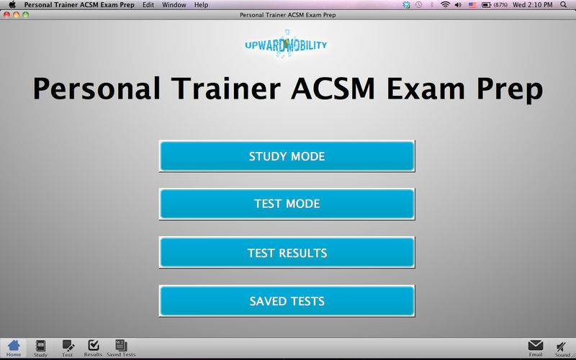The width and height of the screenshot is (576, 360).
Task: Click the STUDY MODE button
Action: tap(287, 156)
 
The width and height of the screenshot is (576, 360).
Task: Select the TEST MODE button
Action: tap(287, 204)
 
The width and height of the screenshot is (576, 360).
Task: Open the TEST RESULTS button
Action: tap(287, 253)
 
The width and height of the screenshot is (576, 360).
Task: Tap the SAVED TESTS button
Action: tap(287, 301)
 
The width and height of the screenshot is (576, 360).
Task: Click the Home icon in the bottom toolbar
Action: tap(14, 346)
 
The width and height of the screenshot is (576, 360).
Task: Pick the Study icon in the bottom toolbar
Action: tap(40, 346)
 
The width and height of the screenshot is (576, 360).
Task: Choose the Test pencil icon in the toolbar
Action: tap(68, 346)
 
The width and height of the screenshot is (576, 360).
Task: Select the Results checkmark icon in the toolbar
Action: tap(94, 346)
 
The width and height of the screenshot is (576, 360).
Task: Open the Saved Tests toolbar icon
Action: tap(121, 346)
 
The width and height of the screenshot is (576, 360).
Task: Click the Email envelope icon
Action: tap(535, 346)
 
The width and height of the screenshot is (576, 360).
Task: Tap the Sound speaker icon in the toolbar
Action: tap(561, 346)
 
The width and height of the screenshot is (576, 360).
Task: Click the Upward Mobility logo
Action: tap(286, 45)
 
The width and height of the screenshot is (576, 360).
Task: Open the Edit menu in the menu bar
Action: tap(148, 5)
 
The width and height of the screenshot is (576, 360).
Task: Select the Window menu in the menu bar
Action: tap(174, 5)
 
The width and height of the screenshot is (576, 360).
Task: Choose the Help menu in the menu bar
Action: tap(201, 5)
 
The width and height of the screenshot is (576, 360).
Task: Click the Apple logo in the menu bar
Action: tap(12, 4)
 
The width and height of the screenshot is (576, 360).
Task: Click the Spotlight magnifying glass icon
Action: tap(563, 5)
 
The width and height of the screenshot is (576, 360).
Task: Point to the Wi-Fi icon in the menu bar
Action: tap(445, 5)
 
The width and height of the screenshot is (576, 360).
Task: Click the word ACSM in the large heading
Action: tap(333, 89)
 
